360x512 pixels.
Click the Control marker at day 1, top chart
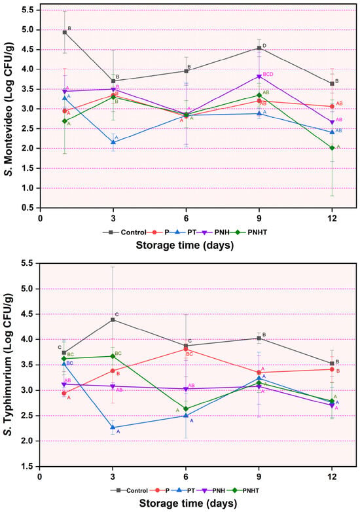pos(65,32)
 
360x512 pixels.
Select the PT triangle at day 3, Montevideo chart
pos(113,142)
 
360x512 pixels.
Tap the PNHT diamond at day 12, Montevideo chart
pos(333,148)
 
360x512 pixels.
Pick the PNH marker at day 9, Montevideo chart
pos(259,77)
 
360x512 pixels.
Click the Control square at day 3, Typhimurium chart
pos(113,320)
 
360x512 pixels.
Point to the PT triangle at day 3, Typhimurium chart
pos(113,427)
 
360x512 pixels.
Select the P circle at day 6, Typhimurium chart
pos(186,350)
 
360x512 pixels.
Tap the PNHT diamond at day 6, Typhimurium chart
pos(186,409)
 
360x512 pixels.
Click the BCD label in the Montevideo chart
pos(268,75)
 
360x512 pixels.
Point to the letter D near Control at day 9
pos(264,46)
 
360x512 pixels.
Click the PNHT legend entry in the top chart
pos(249,232)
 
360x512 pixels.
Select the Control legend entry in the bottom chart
pos(129,490)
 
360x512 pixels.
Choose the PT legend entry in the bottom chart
pos(184,490)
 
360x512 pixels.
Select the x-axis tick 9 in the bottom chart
pos(259,477)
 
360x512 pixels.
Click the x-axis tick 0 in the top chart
pos(40,218)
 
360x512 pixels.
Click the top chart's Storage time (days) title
pos(185,245)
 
